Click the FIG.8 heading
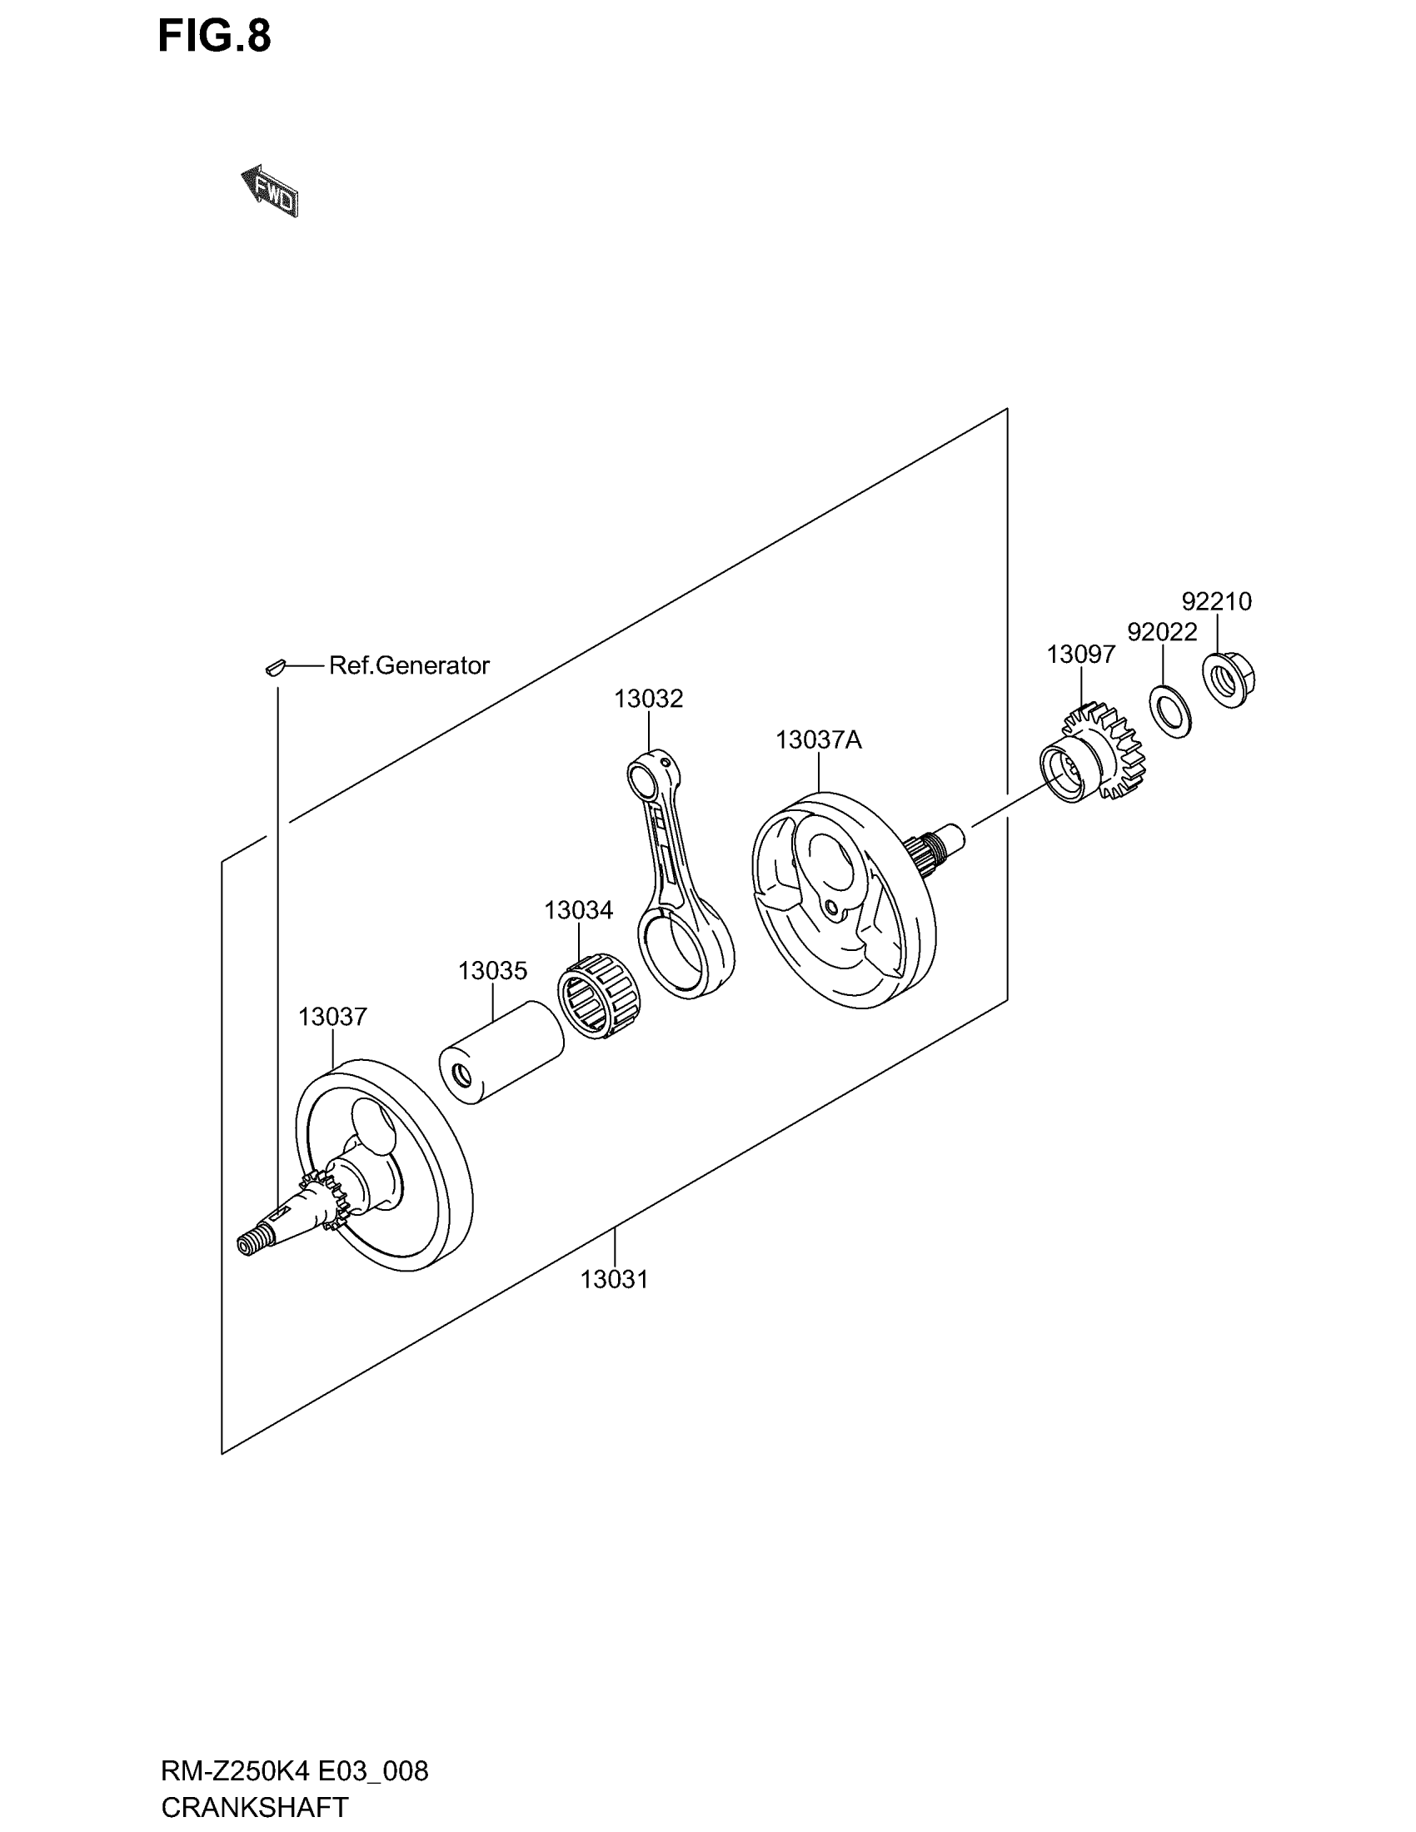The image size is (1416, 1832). (x=214, y=37)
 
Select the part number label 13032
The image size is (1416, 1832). (x=648, y=698)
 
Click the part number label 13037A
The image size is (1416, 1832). (x=818, y=739)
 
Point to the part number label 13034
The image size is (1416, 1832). (x=578, y=909)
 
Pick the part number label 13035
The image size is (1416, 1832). (x=492, y=970)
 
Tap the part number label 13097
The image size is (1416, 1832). (x=1080, y=655)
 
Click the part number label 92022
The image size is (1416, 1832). (x=1162, y=632)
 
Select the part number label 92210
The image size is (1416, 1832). (x=1216, y=600)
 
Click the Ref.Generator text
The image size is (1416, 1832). (x=408, y=665)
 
